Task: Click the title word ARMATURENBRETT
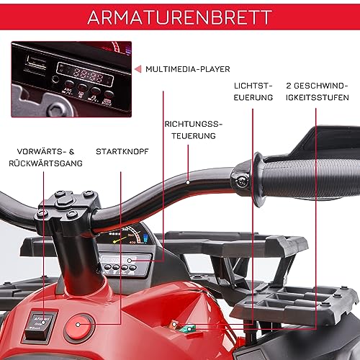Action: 179,18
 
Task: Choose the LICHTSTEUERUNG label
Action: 253,91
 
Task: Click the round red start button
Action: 76,330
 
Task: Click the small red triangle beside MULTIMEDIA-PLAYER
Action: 138,69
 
